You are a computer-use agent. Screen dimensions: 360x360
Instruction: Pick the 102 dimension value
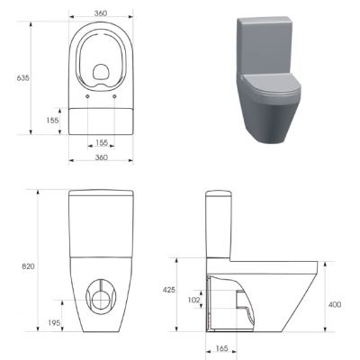coord(192,300)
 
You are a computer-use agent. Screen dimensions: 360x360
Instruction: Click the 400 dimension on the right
coord(335,305)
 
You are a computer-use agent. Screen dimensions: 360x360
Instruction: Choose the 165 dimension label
coord(220,348)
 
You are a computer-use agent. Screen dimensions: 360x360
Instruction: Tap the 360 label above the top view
coord(100,13)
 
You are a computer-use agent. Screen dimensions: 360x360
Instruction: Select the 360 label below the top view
coord(100,157)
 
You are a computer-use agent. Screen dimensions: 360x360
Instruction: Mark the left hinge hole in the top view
coord(86,97)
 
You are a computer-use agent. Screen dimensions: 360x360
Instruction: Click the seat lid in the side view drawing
coord(270,262)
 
